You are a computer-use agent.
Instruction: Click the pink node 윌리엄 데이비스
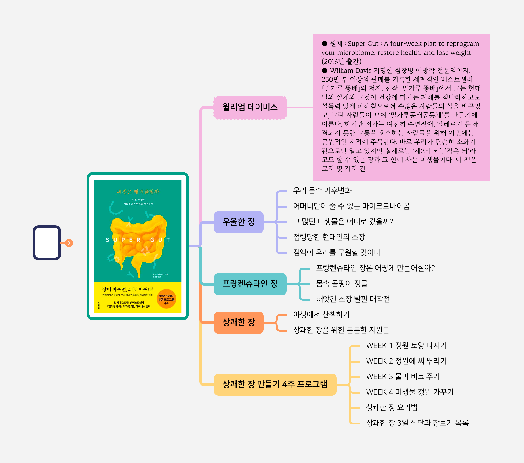pos(250,107)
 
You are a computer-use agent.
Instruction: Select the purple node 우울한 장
pos(238,222)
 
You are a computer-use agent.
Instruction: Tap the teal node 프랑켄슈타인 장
pos(250,284)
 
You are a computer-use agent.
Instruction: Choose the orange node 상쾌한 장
pos(238,322)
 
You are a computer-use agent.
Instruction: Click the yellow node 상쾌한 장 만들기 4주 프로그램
pos(275,384)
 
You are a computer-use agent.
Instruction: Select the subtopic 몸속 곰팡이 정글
pos(342,284)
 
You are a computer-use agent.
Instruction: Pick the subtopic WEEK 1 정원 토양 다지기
pos(406,346)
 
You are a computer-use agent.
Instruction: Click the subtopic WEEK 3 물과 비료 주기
pos(403,376)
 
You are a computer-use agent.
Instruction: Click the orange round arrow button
pos(69,243)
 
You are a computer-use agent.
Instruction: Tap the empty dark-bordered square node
pos(47,243)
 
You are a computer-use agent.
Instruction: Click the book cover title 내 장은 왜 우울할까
pos(138,192)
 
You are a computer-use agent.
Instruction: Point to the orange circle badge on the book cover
pos(166,299)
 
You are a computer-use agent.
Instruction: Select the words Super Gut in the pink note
pos(363,44)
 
